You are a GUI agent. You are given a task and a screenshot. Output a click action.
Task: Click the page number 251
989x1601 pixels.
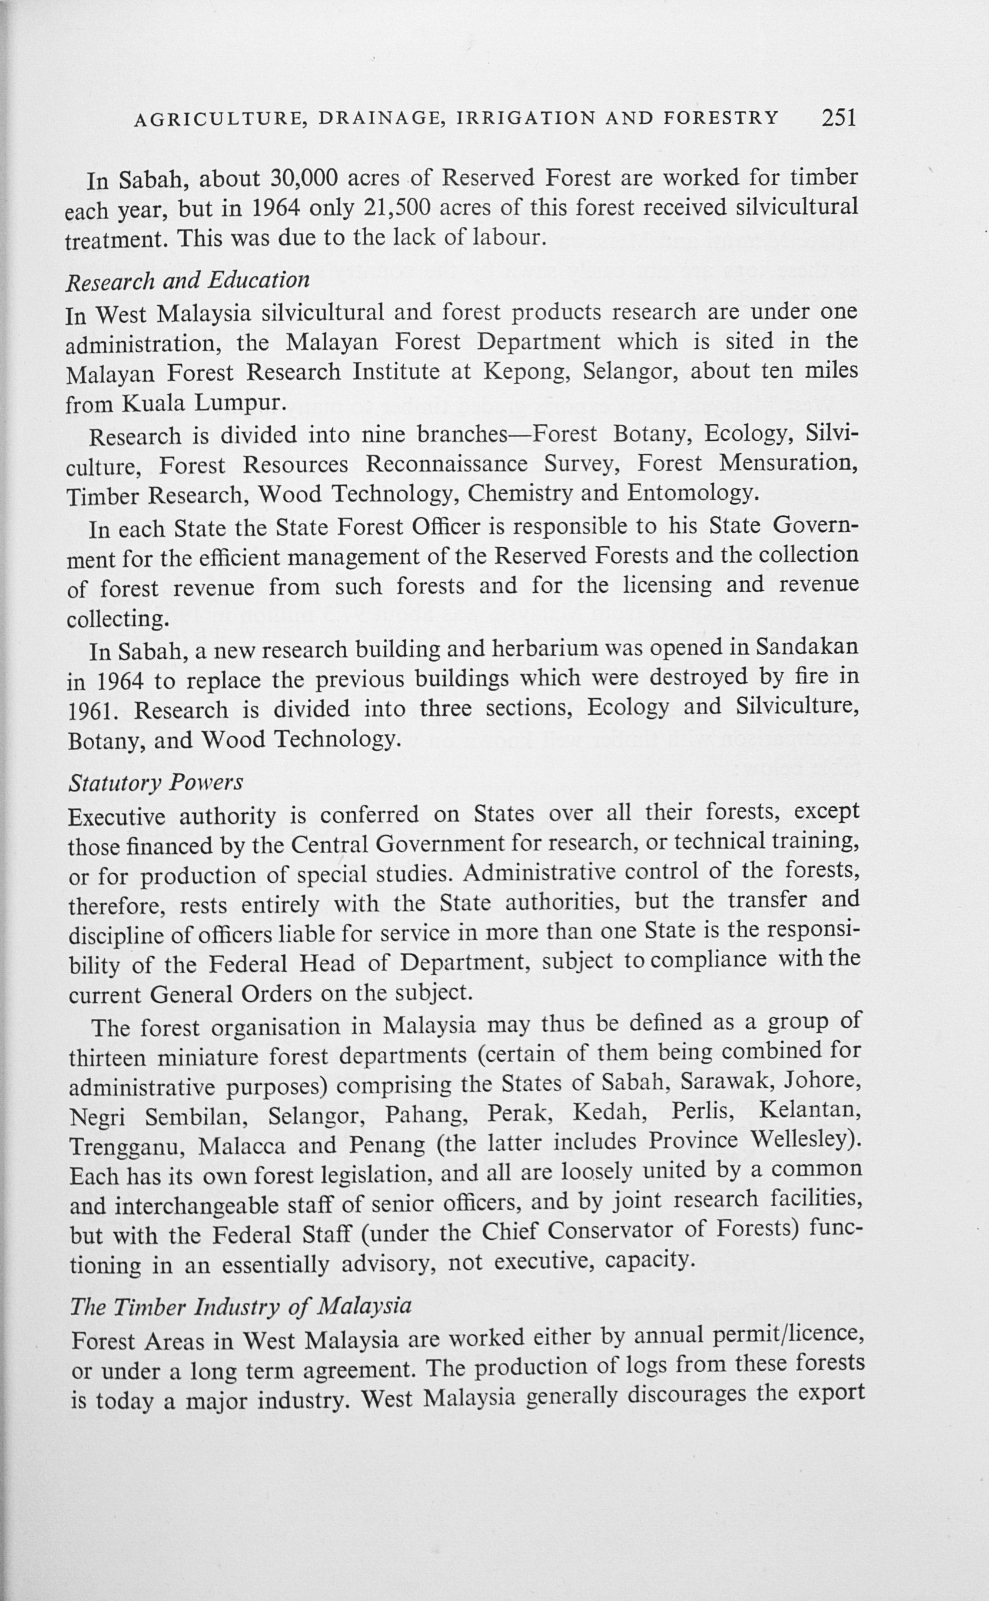838,117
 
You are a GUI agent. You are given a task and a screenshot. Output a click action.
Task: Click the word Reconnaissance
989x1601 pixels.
446,464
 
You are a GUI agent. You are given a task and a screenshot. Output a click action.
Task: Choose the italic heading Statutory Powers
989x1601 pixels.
155,783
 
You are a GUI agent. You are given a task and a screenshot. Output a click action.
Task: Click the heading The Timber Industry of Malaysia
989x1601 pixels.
241,1306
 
